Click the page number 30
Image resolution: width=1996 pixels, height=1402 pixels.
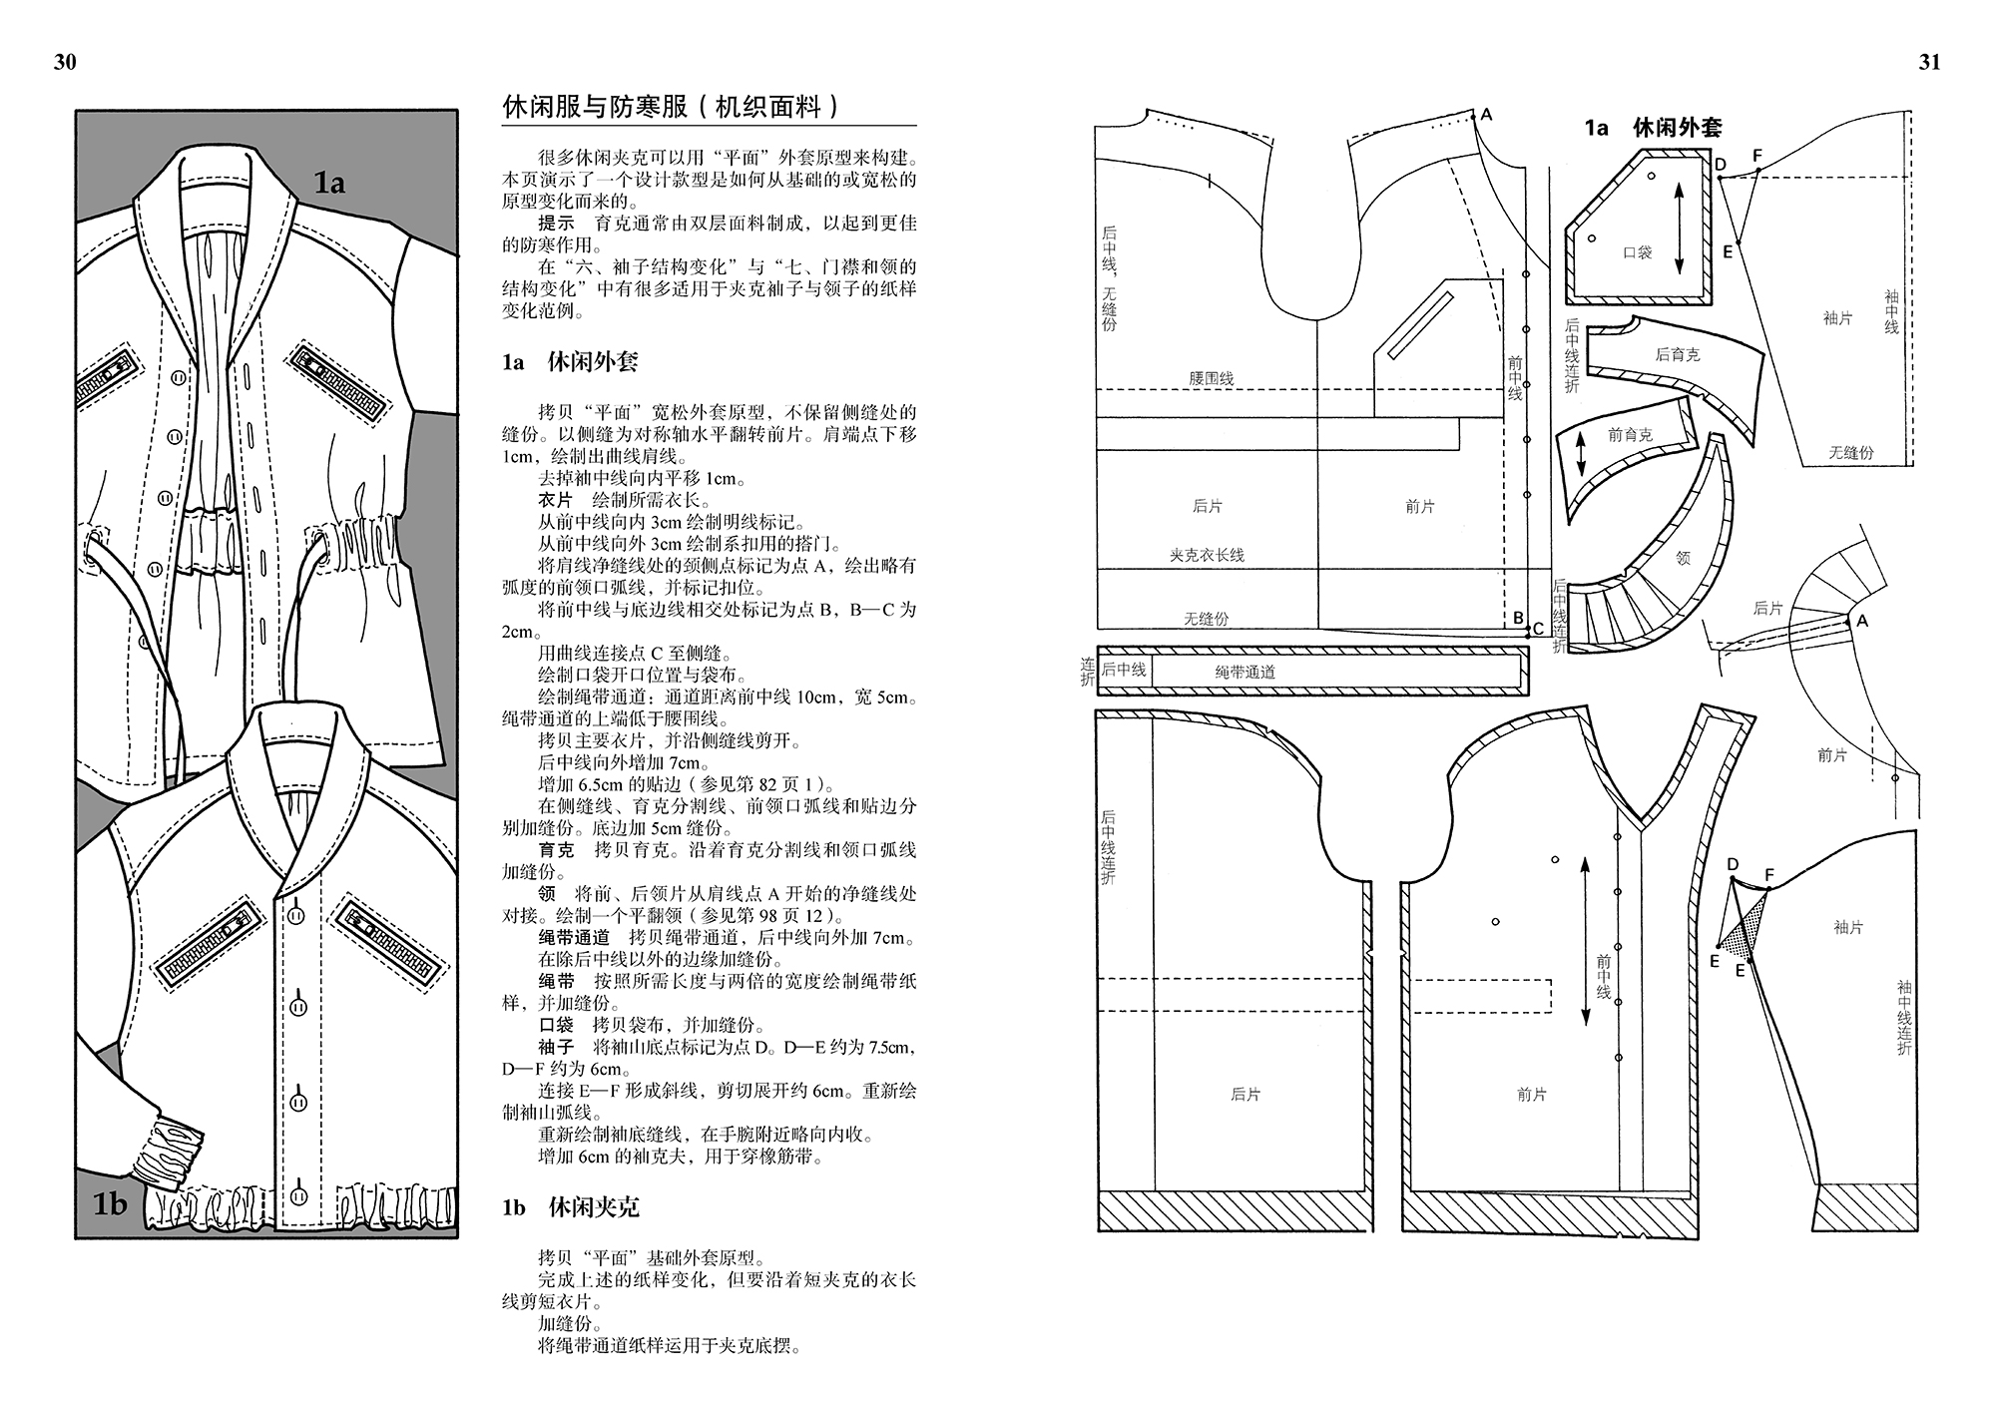[x=65, y=62]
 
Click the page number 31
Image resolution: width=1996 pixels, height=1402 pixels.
[x=1929, y=62]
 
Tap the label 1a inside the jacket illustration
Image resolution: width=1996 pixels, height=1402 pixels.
[x=329, y=183]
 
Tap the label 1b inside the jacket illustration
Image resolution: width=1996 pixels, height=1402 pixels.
[x=110, y=1204]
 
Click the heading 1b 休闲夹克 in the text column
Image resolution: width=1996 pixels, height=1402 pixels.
[x=570, y=1207]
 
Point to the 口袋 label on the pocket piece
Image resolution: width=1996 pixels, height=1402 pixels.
[x=1638, y=252]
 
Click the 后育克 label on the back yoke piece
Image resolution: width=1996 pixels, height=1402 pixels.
[x=1677, y=354]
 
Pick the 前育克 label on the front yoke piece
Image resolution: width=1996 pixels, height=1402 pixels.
[x=1630, y=434]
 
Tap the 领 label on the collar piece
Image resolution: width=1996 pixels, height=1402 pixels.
[x=1684, y=558]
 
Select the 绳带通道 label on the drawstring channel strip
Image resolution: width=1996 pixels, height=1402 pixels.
[x=1245, y=673]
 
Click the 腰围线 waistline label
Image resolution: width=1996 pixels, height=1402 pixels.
[x=1212, y=378]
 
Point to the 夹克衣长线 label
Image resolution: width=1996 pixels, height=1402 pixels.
[x=1207, y=555]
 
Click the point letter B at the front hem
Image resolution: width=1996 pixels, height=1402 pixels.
[x=1518, y=618]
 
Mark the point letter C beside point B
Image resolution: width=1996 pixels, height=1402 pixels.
[x=1538, y=629]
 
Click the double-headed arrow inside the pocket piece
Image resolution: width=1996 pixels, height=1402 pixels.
[x=1679, y=228]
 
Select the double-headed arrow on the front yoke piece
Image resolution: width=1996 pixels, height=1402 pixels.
[x=1580, y=458]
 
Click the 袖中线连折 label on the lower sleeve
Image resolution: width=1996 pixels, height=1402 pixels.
[x=1904, y=1018]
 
